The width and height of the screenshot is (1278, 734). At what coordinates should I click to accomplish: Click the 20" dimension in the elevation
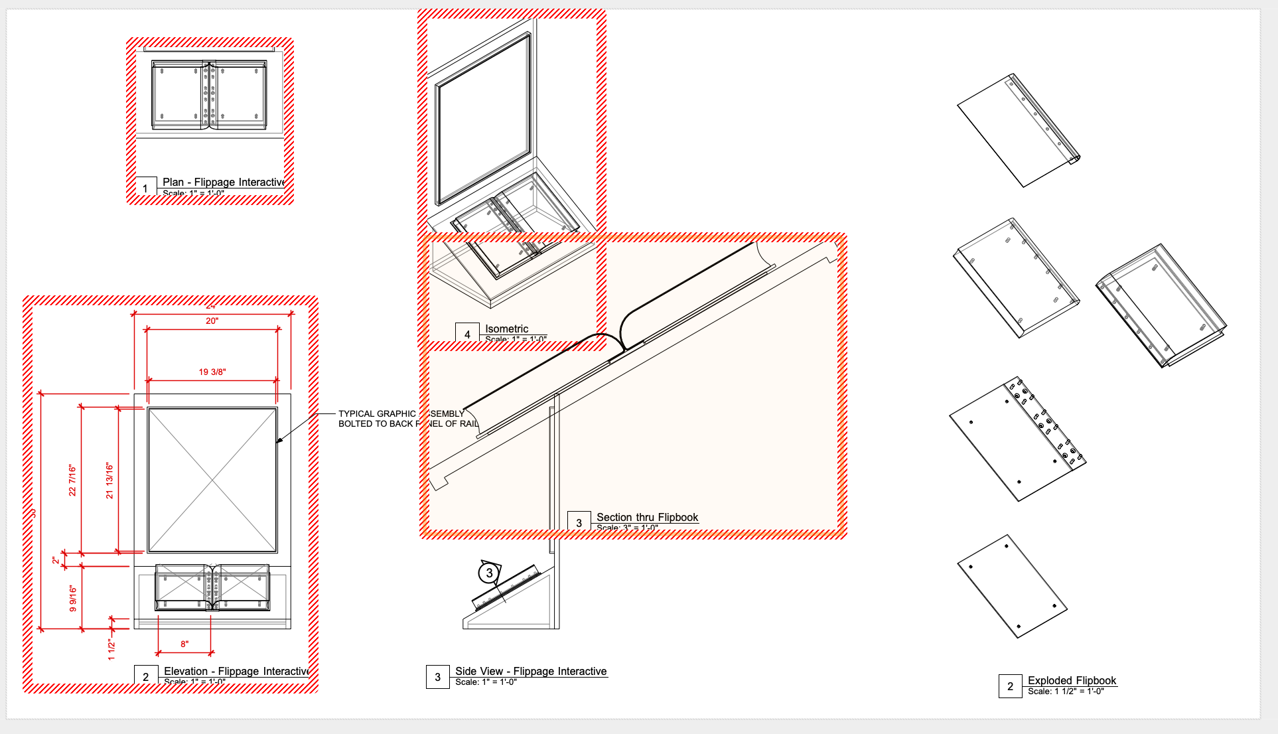pos(212,321)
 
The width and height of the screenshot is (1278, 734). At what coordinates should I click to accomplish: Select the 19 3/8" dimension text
pos(212,372)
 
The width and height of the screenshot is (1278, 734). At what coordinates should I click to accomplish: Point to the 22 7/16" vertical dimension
pos(72,480)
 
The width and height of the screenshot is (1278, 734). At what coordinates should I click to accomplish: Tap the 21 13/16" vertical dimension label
pos(109,481)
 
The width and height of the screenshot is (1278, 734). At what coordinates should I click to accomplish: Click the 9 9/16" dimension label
pos(73,599)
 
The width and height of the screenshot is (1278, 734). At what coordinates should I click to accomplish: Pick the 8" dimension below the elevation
pos(184,644)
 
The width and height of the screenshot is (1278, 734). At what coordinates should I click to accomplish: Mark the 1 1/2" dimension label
pos(111,650)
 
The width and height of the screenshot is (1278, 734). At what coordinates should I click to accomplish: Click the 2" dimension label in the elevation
pos(56,561)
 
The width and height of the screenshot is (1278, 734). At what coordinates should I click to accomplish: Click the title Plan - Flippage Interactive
pos(224,182)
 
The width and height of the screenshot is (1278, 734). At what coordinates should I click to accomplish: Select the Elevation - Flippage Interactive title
pos(236,671)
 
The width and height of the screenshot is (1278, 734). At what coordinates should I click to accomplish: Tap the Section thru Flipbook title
pos(647,517)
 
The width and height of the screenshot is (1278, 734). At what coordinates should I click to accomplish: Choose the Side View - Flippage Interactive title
pos(531,671)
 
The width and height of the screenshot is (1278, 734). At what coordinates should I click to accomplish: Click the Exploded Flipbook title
pos(1072,680)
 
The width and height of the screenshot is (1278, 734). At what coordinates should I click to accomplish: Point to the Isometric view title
pos(506,329)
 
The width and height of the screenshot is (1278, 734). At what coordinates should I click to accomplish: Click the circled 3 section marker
pos(489,573)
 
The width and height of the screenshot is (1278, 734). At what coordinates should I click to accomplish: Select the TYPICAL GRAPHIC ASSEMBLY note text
pos(401,419)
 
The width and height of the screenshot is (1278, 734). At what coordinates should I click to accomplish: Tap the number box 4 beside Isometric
pos(467,334)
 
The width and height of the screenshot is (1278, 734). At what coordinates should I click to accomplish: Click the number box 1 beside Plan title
pos(145,188)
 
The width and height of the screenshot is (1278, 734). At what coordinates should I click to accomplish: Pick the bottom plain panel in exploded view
pos(1012,587)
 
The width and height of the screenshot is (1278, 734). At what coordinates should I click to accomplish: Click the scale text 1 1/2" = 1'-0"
pos(1066,692)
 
